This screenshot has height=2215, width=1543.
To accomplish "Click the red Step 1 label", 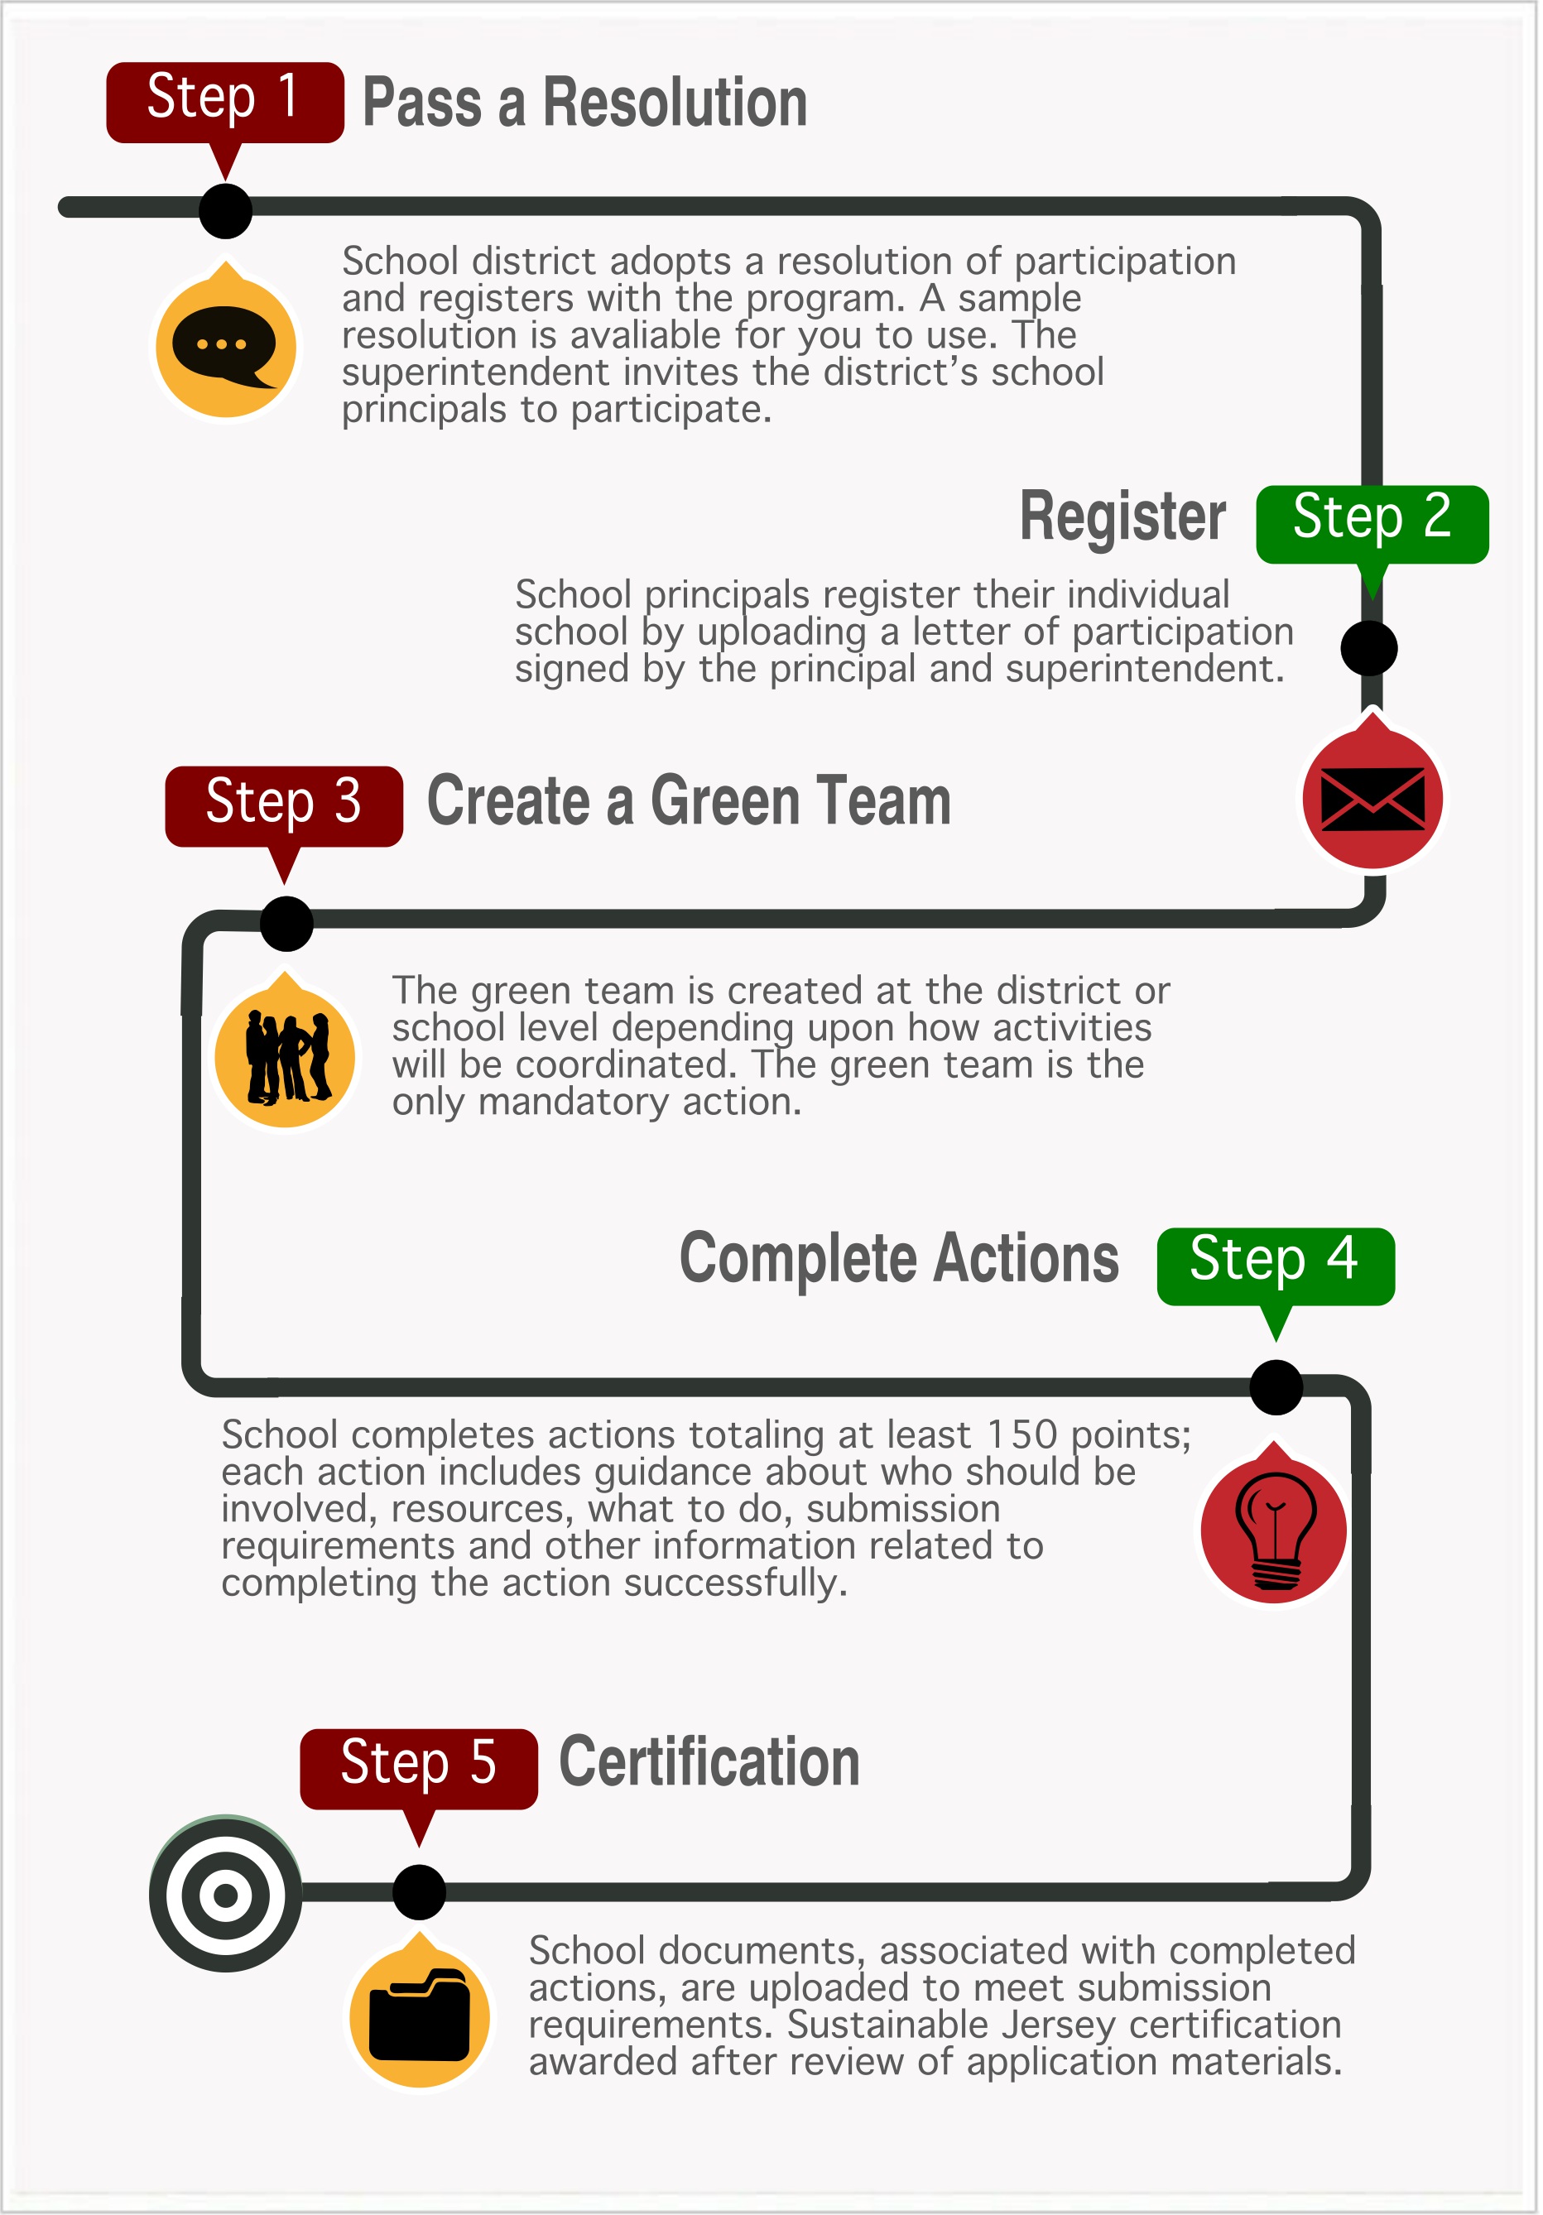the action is click(x=225, y=103).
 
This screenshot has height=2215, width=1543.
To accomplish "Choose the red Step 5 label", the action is click(x=418, y=1770).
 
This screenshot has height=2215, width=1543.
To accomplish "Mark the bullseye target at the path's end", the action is click(x=226, y=1895).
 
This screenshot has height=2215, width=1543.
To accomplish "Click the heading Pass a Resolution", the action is click(x=584, y=103).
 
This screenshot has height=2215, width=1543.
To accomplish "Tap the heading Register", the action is click(x=1122, y=518).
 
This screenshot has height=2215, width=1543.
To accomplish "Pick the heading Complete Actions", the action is click(x=899, y=1260).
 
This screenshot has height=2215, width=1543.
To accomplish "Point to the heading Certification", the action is click(x=709, y=1761).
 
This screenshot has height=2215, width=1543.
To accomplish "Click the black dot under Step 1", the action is click(x=226, y=210).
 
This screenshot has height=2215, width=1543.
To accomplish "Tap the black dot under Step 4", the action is click(x=1276, y=1387).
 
